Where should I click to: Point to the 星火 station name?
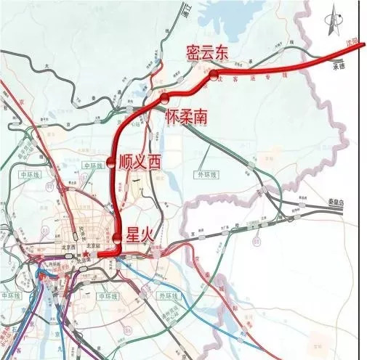(x=142, y=234)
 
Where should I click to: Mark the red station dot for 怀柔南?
(x=165, y=97)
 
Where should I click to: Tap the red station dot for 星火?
(x=116, y=238)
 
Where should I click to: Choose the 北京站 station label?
(x=93, y=245)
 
